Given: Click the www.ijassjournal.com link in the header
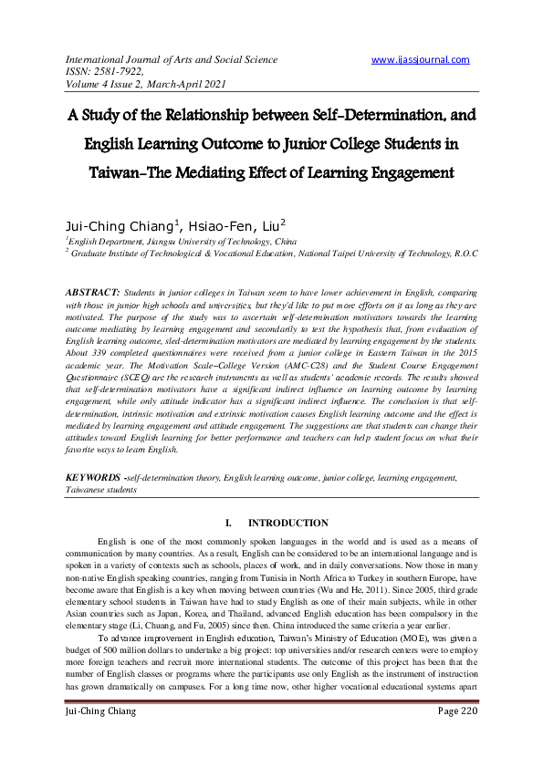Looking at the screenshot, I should (421, 60).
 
